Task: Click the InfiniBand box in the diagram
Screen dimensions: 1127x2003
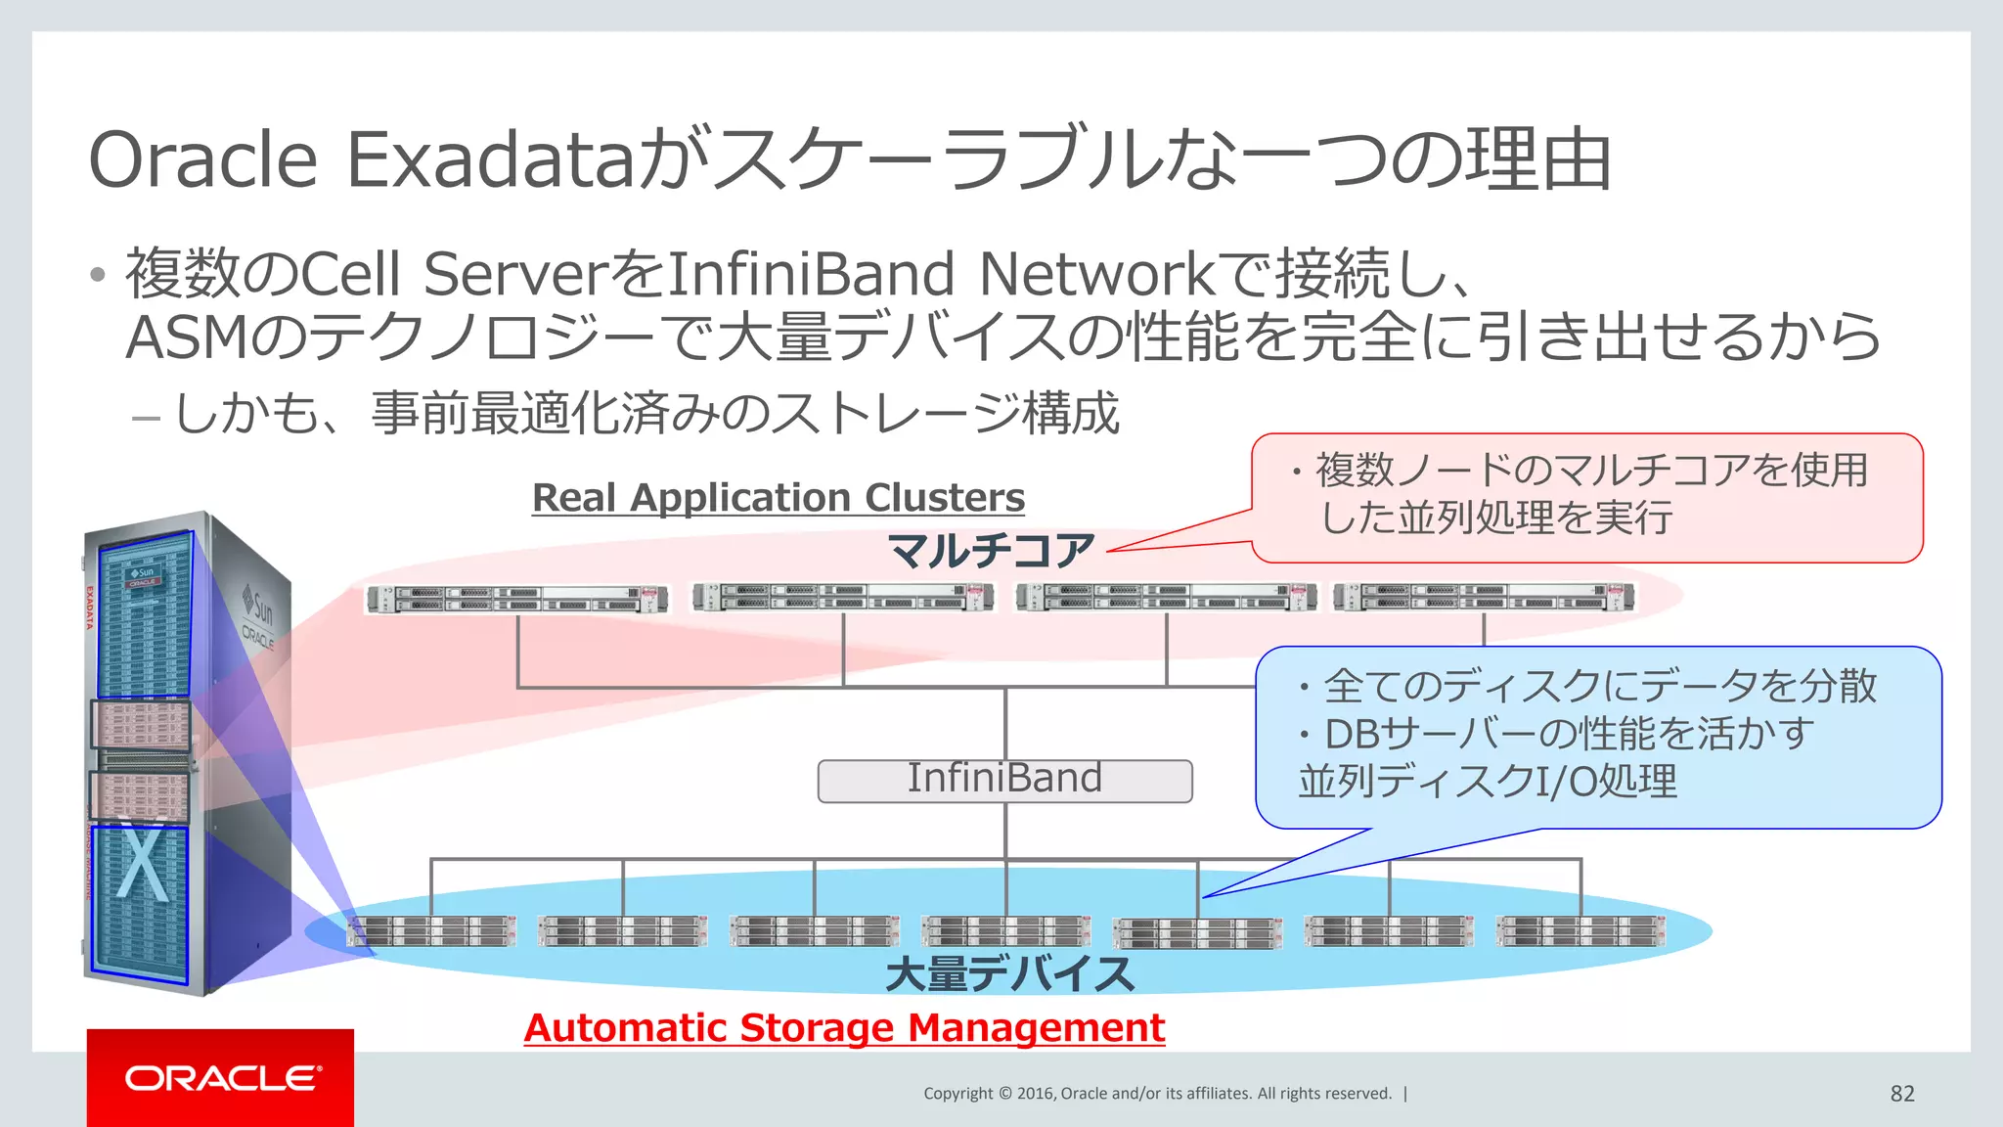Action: click(x=1004, y=781)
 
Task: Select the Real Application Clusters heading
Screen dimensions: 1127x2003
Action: click(x=778, y=497)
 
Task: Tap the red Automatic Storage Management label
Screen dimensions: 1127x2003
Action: click(x=844, y=1027)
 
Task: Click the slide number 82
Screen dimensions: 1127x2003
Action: click(x=1901, y=1093)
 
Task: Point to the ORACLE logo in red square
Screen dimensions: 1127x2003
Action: click(x=221, y=1077)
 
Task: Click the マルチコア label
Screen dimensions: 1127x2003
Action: click(x=991, y=550)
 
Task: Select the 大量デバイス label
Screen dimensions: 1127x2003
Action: click(x=1008, y=974)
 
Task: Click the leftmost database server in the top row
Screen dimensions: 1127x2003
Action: click(x=517, y=599)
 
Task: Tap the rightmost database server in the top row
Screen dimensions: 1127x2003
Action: click(x=1484, y=597)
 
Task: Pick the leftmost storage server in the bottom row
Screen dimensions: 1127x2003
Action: click(x=431, y=931)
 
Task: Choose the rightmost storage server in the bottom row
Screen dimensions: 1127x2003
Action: click(x=1580, y=931)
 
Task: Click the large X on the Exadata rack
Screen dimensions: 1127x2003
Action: click(x=143, y=860)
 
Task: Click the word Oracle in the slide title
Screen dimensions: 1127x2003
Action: click(x=203, y=159)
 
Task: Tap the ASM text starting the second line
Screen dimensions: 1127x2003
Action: click(x=187, y=338)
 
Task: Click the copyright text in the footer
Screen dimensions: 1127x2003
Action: click(x=1157, y=1093)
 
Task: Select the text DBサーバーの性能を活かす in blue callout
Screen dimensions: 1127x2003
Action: click(x=1568, y=733)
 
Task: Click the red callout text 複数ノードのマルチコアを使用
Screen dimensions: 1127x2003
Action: click(x=1591, y=471)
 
